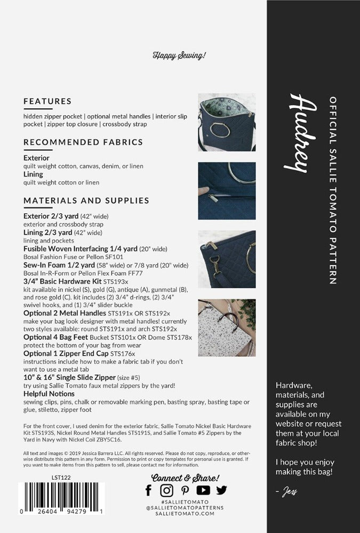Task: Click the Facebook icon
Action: pyautogui.click(x=149, y=490)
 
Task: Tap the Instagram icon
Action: pyautogui.click(x=167, y=490)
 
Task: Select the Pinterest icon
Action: pyautogui.click(x=185, y=490)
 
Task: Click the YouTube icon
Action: pyautogui.click(x=203, y=490)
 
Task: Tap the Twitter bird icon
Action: pyautogui.click(x=221, y=490)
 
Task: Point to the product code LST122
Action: pyautogui.click(x=61, y=478)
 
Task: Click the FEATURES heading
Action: pyautogui.click(x=47, y=101)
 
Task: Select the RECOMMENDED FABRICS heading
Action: pyautogui.click(x=83, y=142)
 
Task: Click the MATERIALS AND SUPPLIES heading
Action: pyautogui.click(x=86, y=200)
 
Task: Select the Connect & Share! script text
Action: pyautogui.click(x=185, y=478)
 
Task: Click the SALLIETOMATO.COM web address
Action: pyautogui.click(x=185, y=513)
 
